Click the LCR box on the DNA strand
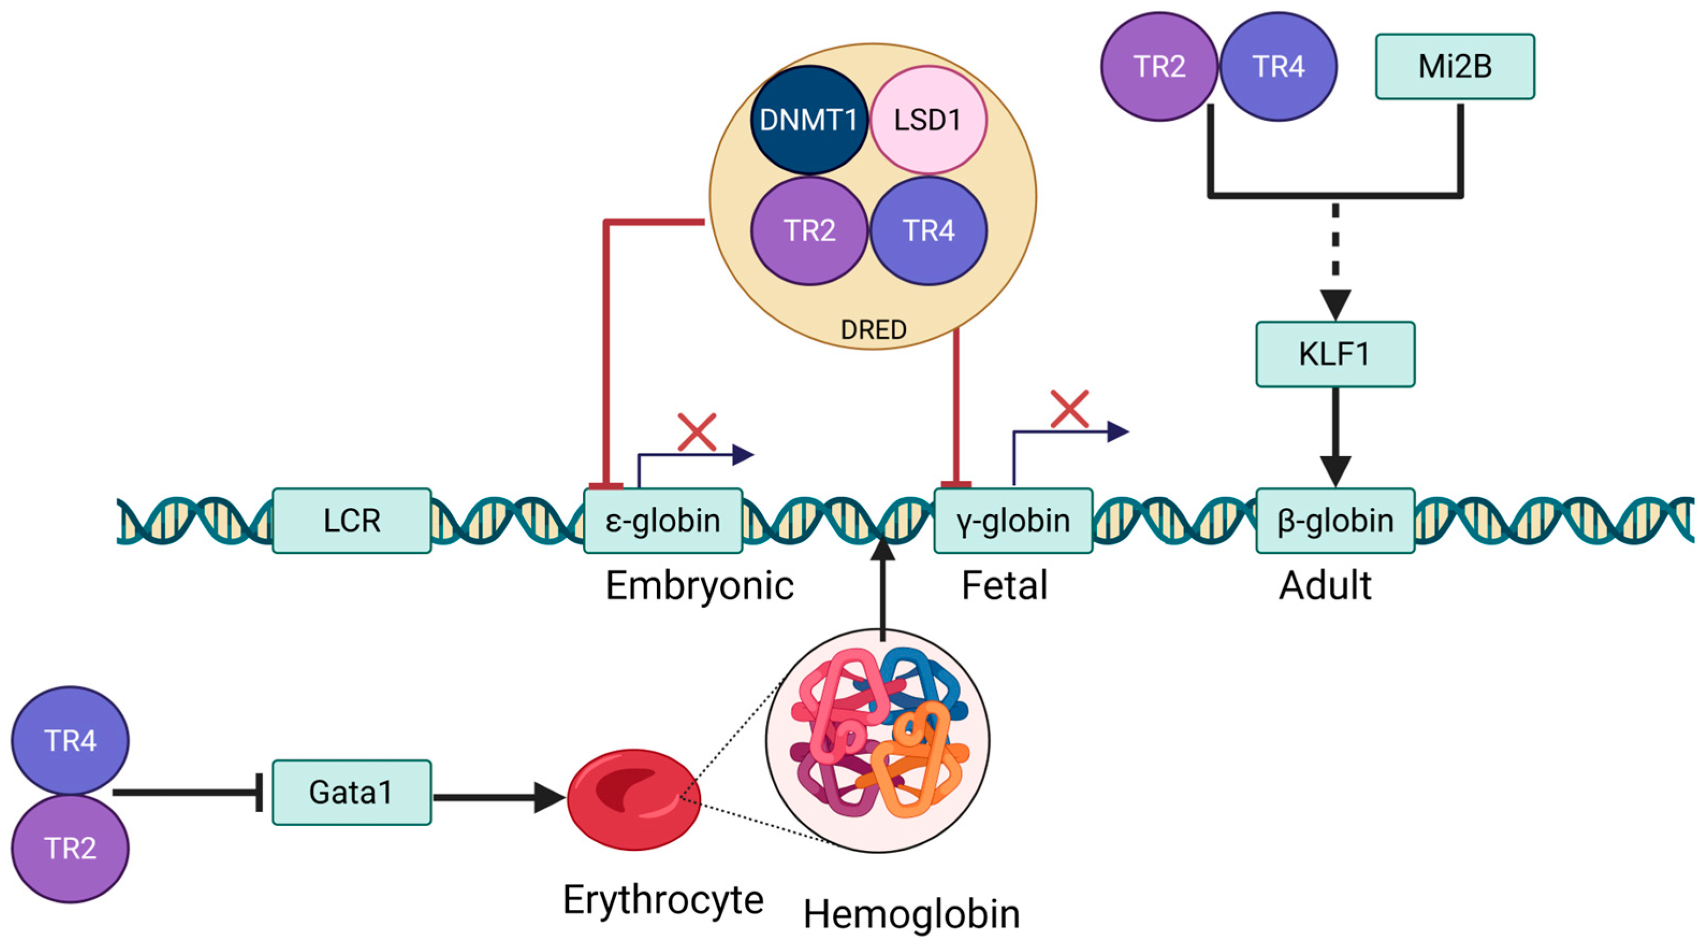tap(352, 521)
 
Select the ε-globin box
tap(662, 521)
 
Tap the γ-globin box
tap(1013, 521)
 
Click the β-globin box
tap(1335, 521)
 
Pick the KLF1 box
tap(1335, 354)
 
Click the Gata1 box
tap(352, 792)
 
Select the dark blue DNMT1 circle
tap(809, 120)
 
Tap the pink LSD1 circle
tap(928, 120)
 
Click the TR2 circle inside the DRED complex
tap(809, 230)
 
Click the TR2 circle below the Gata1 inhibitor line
tap(70, 848)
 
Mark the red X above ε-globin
tap(697, 433)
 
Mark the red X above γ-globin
tap(1070, 408)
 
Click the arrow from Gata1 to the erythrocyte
tap(497, 797)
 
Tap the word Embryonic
tap(699, 586)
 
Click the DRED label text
tap(873, 330)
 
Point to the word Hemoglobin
tap(911, 915)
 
